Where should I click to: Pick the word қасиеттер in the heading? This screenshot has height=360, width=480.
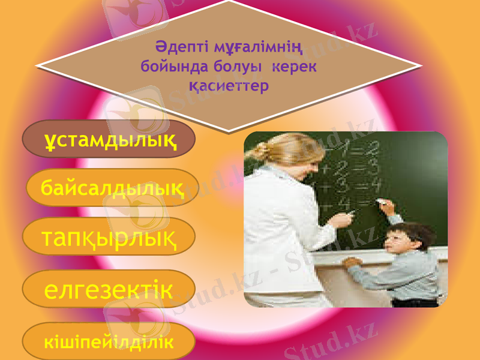(x=228, y=85)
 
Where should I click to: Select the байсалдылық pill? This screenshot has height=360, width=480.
(x=113, y=187)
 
